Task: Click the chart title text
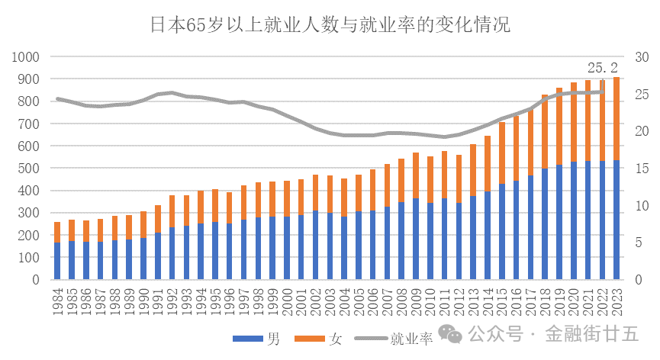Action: (330, 24)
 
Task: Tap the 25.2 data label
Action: (602, 67)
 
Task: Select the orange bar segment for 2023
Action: (617, 118)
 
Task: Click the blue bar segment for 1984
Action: (57, 261)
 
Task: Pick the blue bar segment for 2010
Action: (430, 241)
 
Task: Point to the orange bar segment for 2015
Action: (502, 153)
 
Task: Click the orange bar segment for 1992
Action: (172, 211)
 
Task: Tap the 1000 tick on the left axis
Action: (26, 56)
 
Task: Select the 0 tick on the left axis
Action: (36, 280)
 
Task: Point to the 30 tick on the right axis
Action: (642, 56)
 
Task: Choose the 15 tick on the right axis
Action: (642, 169)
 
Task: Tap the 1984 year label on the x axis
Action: (58, 301)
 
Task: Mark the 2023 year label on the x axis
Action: (617, 301)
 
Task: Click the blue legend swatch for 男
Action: (248, 338)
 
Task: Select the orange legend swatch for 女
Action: (309, 338)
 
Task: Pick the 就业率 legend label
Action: (411, 339)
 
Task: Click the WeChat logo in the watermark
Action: (450, 334)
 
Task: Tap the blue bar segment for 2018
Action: (545, 223)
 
